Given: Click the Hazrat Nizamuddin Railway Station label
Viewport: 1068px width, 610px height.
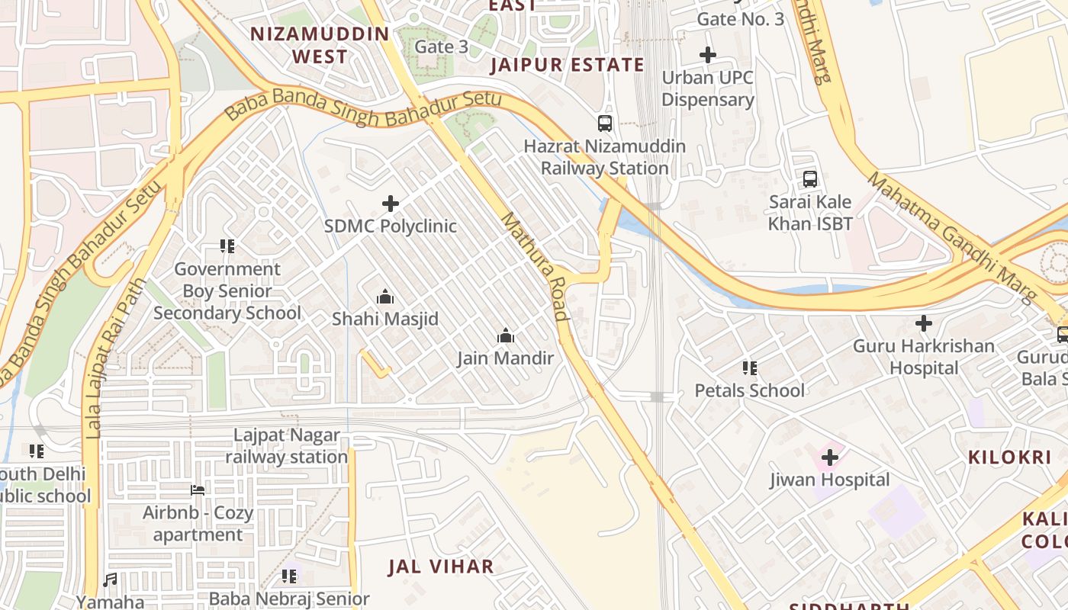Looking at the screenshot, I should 604,157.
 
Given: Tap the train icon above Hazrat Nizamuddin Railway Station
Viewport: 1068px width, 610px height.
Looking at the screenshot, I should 605,123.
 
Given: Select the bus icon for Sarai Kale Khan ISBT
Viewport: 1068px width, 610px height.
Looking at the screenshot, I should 810,179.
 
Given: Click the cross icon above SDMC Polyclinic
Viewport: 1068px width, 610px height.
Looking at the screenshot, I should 391,204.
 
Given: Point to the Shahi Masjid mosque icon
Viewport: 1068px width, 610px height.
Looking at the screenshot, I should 385,297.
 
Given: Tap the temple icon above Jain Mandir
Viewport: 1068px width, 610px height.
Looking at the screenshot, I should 505,335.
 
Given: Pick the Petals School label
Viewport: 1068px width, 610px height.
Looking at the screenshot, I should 749,390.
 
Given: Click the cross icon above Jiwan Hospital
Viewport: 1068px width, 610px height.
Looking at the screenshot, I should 830,457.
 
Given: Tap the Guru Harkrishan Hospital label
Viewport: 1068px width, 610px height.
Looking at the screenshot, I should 923,357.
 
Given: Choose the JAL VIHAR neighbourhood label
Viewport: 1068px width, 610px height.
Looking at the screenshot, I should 441,567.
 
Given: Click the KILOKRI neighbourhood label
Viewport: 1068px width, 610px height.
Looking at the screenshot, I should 1010,457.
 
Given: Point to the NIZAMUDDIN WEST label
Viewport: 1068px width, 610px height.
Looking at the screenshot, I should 320,46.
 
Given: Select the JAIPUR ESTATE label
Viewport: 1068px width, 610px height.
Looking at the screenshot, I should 567,65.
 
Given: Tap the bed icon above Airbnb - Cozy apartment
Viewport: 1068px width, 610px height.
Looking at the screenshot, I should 198,490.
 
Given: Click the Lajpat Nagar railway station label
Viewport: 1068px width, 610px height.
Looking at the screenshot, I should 287,446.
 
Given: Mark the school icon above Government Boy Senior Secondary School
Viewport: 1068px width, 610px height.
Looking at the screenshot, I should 227,246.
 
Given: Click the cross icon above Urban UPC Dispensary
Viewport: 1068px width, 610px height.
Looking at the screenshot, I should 708,55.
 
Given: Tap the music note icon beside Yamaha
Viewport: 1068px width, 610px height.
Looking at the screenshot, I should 111,580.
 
